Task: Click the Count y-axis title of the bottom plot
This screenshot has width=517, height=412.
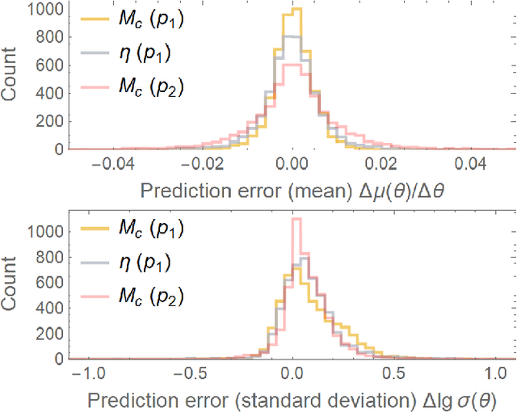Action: [12, 284]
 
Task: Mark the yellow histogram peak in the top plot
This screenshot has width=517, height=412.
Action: [296, 9]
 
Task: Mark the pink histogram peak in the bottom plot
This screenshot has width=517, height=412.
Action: [296, 219]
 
